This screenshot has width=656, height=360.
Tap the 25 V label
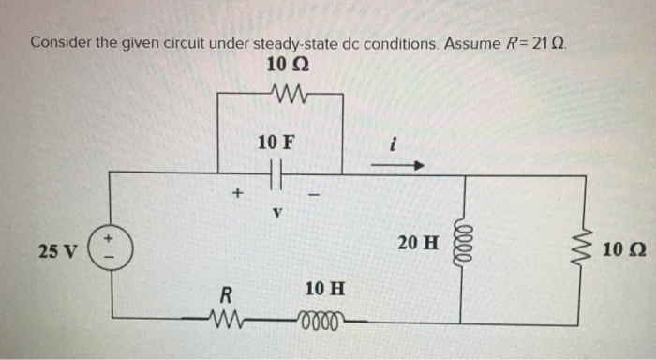(57, 250)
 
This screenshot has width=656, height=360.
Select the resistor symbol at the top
(280, 92)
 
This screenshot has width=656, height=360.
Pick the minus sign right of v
(316, 195)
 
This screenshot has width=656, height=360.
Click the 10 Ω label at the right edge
(623, 251)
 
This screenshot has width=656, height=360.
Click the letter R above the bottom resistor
(225, 295)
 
